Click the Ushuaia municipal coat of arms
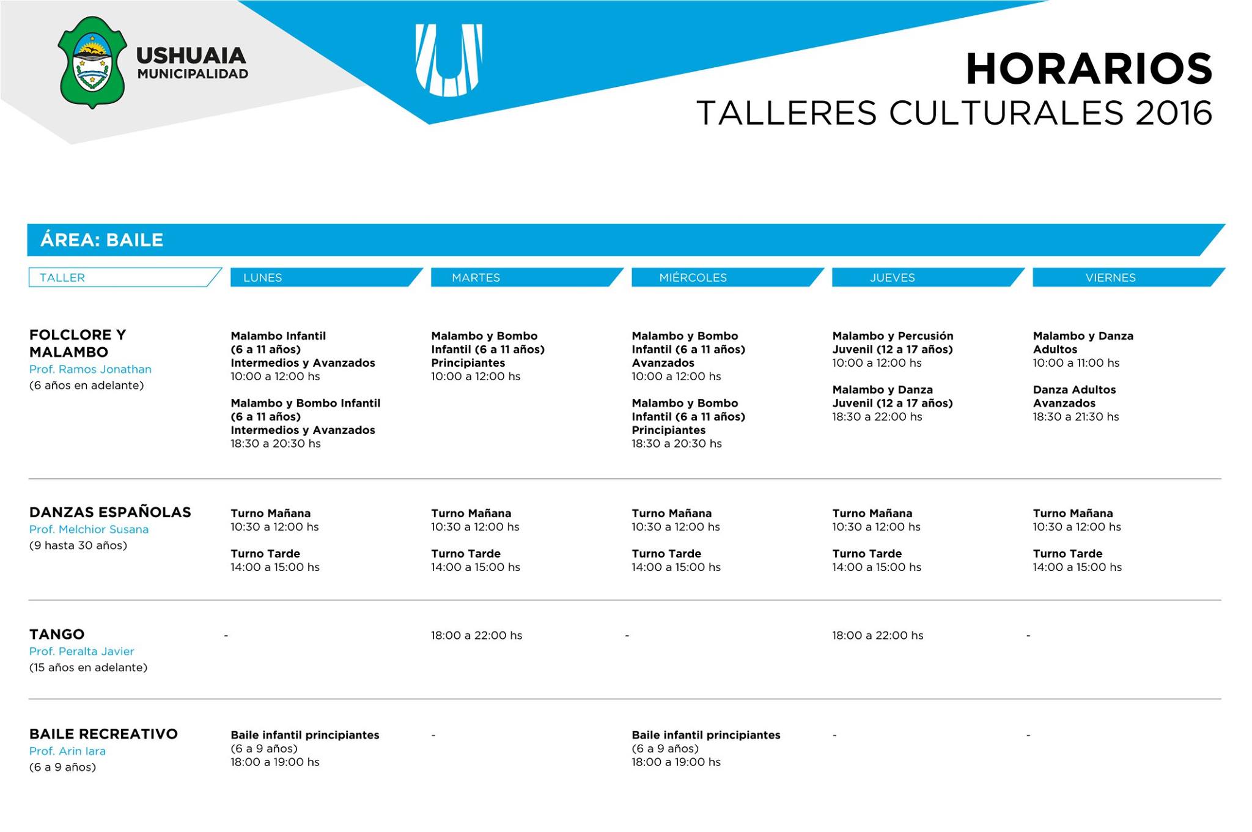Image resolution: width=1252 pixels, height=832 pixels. [x=92, y=62]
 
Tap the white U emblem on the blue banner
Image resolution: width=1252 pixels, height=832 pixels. [x=449, y=60]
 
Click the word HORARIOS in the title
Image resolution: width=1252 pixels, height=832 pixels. [x=1088, y=69]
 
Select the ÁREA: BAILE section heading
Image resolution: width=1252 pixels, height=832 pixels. [x=102, y=240]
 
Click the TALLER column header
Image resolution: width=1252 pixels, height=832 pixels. [x=62, y=278]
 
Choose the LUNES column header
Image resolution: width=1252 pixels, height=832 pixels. [x=263, y=278]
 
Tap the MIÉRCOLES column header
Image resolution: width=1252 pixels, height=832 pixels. [x=693, y=278]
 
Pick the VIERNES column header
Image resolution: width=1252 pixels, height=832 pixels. [x=1110, y=278]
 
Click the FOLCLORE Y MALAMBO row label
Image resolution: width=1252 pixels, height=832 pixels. [x=78, y=343]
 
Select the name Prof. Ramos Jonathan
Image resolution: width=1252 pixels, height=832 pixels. [x=90, y=369]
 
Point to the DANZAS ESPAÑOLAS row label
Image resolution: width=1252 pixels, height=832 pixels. [x=110, y=512]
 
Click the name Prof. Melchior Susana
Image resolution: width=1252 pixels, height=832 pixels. [x=89, y=529]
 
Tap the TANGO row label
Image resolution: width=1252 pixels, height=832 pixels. [x=57, y=634]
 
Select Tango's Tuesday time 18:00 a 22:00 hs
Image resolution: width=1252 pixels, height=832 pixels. [x=476, y=635]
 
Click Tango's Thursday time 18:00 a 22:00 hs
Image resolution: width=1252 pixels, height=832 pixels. [x=877, y=635]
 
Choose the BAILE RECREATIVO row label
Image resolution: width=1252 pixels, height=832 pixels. [x=103, y=734]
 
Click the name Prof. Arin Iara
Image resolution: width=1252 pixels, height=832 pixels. [x=67, y=751]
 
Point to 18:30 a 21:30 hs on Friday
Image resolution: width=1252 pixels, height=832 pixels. [x=1075, y=417]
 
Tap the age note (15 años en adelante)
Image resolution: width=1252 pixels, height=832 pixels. [x=89, y=668]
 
